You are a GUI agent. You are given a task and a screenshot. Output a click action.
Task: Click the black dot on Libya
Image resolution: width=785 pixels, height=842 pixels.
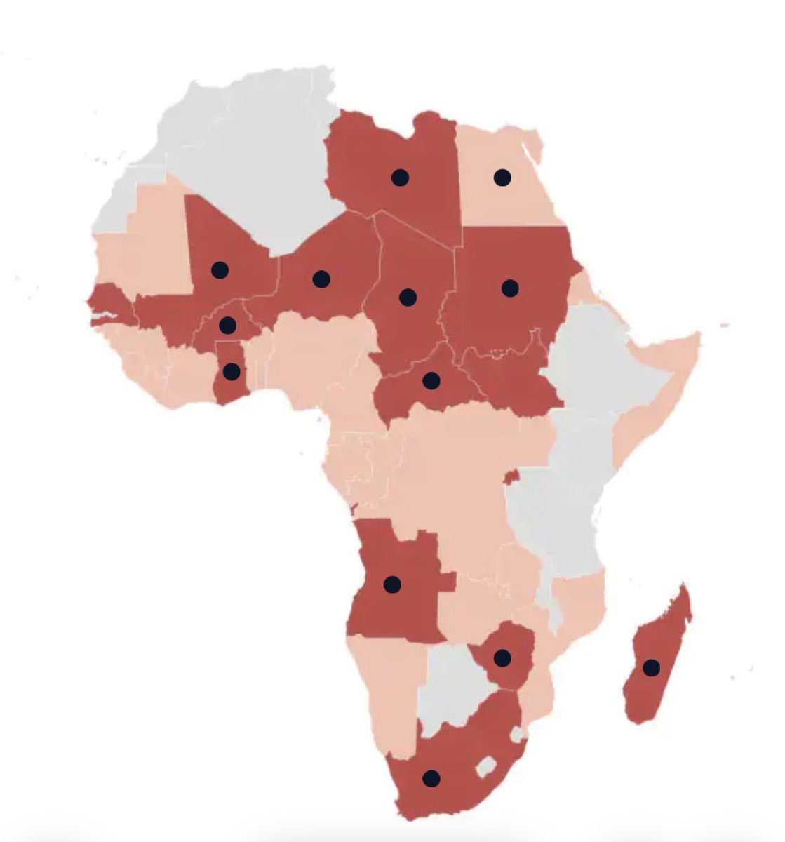point(400,178)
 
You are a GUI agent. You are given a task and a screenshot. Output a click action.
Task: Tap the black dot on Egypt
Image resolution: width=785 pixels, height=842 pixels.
point(502,178)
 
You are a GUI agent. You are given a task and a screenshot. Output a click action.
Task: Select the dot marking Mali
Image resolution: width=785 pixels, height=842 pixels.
point(220,269)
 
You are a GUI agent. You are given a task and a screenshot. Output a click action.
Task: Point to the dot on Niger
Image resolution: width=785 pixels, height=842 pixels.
point(321,279)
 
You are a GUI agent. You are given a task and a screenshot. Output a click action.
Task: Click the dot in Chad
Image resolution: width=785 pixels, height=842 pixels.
point(408,297)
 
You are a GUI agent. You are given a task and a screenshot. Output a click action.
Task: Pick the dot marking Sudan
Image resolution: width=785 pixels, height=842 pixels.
point(510,288)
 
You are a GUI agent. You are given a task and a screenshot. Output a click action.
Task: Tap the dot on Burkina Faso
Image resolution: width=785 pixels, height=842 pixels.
point(227,325)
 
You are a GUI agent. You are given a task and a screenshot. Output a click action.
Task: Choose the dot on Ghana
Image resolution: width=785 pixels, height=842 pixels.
point(232,371)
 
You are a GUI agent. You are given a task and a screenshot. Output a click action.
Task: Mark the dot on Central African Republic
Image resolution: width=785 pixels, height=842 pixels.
point(431,380)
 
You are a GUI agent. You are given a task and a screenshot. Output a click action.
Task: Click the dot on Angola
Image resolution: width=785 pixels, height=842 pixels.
point(392,584)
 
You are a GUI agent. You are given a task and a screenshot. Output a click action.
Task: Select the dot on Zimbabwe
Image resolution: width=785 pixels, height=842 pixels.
point(502,657)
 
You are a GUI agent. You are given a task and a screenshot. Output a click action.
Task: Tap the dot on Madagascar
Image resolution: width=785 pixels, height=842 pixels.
point(652,667)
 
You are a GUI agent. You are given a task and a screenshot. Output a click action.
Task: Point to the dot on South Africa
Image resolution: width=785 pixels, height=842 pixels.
point(431,778)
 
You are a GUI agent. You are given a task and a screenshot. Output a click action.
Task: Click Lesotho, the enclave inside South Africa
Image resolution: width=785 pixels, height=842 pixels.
point(485,766)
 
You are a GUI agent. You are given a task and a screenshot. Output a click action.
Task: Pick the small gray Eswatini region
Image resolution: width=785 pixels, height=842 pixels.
point(518,734)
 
